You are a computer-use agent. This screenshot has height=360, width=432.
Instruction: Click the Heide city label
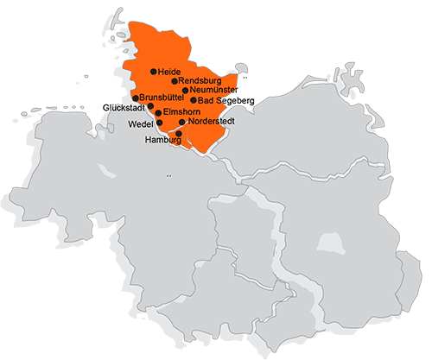[x=168, y=71]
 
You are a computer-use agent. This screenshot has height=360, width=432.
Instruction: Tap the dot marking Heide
[x=153, y=71]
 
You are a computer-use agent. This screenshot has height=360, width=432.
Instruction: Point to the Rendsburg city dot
[x=175, y=81]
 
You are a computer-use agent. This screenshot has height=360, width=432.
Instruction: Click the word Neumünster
[x=213, y=91]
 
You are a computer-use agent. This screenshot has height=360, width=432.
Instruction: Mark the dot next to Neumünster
[x=185, y=90]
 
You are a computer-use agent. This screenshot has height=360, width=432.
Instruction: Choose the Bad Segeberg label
[x=226, y=101]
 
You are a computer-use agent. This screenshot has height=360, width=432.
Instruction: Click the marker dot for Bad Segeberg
[x=193, y=100]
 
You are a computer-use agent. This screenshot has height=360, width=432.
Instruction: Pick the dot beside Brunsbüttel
[x=137, y=98]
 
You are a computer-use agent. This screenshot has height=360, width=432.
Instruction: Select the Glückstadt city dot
[x=150, y=106]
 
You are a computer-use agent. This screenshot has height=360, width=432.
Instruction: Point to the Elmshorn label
[x=179, y=113]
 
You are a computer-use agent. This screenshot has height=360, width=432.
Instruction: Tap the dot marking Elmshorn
[x=158, y=113]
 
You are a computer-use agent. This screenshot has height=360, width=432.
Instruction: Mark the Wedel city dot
[x=158, y=123]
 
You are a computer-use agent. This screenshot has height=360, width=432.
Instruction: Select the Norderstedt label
[x=211, y=123]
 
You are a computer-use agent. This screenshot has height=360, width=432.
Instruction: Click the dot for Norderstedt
[x=181, y=123]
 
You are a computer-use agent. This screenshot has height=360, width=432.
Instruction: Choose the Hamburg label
[x=162, y=140]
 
